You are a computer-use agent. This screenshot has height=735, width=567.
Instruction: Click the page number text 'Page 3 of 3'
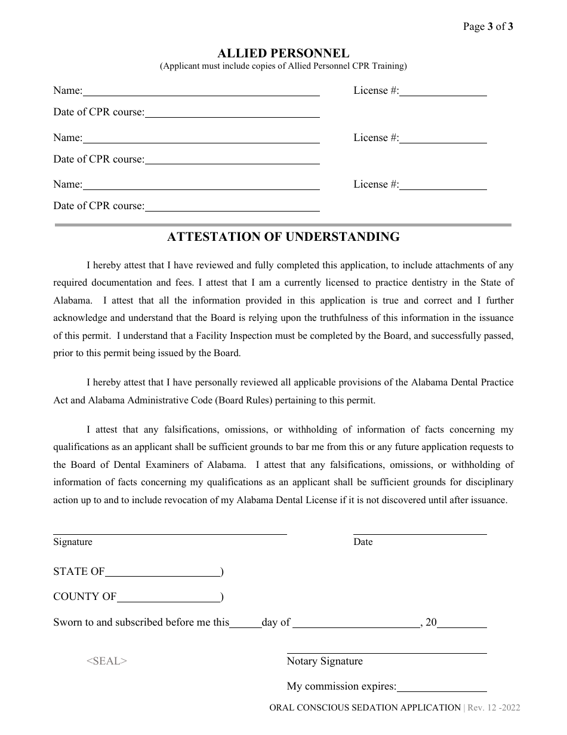coord(488,26)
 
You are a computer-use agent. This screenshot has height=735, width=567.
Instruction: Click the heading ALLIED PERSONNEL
coord(283,53)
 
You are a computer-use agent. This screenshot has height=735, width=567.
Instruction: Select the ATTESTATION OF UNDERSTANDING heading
coord(283,237)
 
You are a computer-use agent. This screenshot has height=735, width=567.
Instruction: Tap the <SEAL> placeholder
coord(107,661)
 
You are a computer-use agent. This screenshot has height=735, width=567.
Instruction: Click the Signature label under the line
coord(73,542)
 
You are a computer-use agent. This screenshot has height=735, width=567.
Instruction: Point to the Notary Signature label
coord(325,661)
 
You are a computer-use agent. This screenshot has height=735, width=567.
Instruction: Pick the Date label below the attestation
coord(363,542)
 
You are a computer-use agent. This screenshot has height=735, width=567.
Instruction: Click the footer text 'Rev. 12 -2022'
coord(494,708)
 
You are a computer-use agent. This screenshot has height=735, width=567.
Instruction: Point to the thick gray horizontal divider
coord(283,225)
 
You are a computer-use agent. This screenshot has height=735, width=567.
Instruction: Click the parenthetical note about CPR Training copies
coord(283,66)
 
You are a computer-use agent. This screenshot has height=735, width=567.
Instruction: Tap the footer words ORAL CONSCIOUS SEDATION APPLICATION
coord(365,708)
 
